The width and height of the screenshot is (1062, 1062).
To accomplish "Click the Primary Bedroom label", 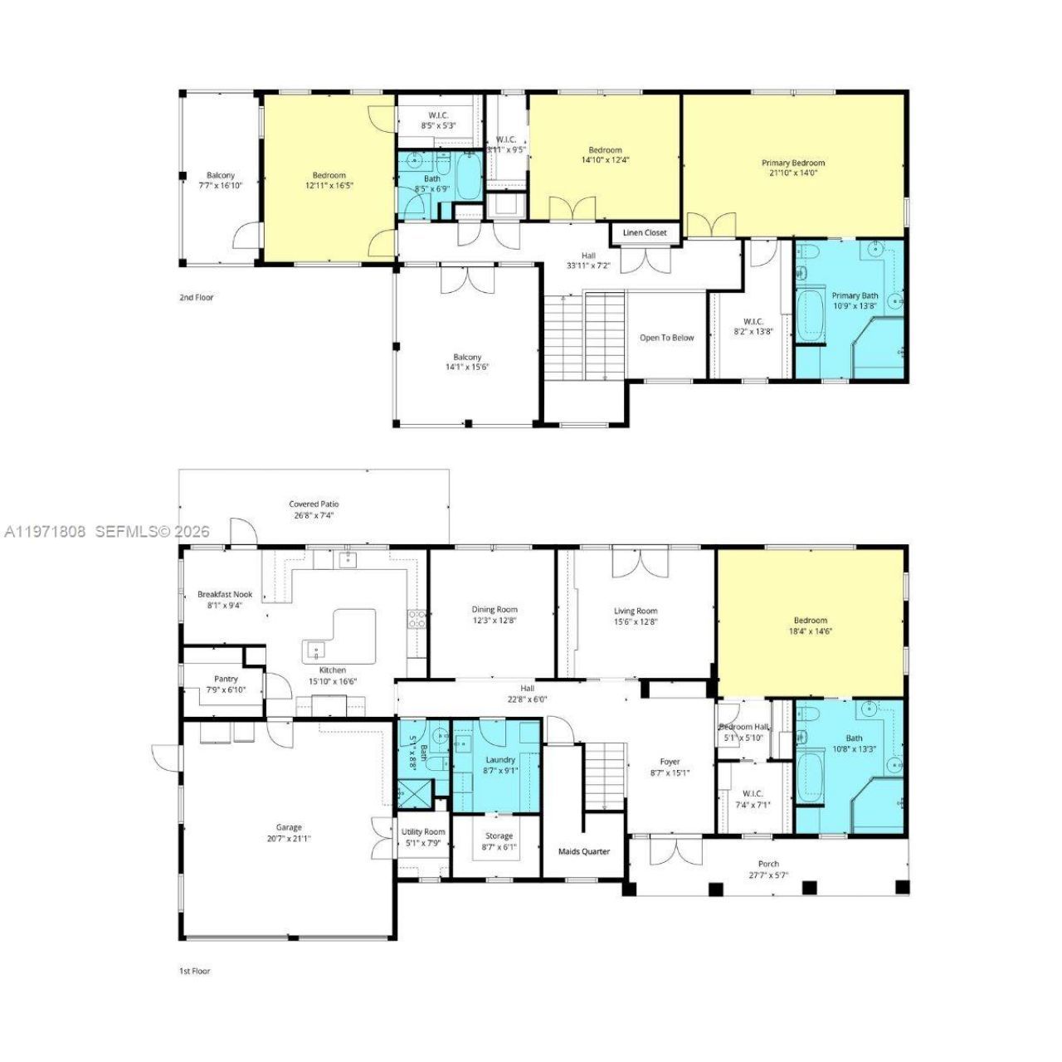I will point(793,163).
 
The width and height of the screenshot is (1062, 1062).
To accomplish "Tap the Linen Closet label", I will point(645,233).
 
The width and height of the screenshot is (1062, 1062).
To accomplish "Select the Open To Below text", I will point(666,338).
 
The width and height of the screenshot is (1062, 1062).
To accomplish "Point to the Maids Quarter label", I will point(583,851).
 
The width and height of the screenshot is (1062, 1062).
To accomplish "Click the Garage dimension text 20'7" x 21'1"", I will point(289,839).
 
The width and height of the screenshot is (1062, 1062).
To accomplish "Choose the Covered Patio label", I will point(314,504).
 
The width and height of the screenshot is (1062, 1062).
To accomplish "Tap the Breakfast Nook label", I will point(225,594).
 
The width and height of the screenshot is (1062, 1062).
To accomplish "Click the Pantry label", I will point(226,679).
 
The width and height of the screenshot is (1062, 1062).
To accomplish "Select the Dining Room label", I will point(494,610).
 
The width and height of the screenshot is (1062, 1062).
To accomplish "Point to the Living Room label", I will point(636,611).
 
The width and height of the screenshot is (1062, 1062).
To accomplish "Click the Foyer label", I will point(670,762).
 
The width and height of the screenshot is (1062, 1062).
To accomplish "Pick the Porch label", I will point(768,864).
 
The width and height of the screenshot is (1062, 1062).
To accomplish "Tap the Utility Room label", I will point(423,832).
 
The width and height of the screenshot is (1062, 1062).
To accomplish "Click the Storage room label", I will point(499,836).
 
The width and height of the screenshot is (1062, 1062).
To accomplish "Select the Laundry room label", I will point(500,759).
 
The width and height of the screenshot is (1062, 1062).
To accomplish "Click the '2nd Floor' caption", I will point(197,297).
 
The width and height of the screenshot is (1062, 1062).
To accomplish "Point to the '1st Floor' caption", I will point(195,971).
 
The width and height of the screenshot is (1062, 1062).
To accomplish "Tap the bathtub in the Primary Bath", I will point(809,314).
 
